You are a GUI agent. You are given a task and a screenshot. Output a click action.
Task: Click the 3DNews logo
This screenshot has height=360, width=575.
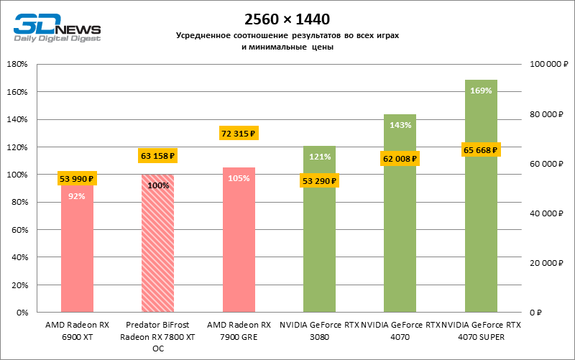(x=56, y=28)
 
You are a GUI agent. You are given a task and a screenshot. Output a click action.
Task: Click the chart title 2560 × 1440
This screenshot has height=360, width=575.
(x=287, y=18)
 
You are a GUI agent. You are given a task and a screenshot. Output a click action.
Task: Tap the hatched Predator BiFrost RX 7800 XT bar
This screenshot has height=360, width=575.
(x=157, y=251)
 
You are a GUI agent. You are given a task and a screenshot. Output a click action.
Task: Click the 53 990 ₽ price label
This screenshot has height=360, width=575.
(x=77, y=179)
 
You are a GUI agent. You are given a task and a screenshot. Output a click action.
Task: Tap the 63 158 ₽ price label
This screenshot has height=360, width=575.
(x=157, y=155)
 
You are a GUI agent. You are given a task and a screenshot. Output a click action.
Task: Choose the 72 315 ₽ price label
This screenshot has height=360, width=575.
(x=239, y=134)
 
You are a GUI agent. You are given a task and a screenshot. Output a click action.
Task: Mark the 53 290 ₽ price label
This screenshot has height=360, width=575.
(x=319, y=180)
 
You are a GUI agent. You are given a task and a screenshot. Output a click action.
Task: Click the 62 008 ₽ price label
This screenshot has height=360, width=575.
(x=400, y=159)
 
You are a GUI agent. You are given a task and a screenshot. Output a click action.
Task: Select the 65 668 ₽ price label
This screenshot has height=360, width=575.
(x=481, y=150)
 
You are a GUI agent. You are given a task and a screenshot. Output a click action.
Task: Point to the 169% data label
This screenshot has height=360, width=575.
(x=481, y=91)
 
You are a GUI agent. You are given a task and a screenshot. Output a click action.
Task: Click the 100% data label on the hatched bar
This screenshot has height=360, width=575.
(x=158, y=185)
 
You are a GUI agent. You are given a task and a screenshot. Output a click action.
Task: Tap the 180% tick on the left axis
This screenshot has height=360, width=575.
(x=17, y=65)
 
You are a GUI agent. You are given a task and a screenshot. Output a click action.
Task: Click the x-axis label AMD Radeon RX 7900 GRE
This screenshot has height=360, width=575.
(x=239, y=330)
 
